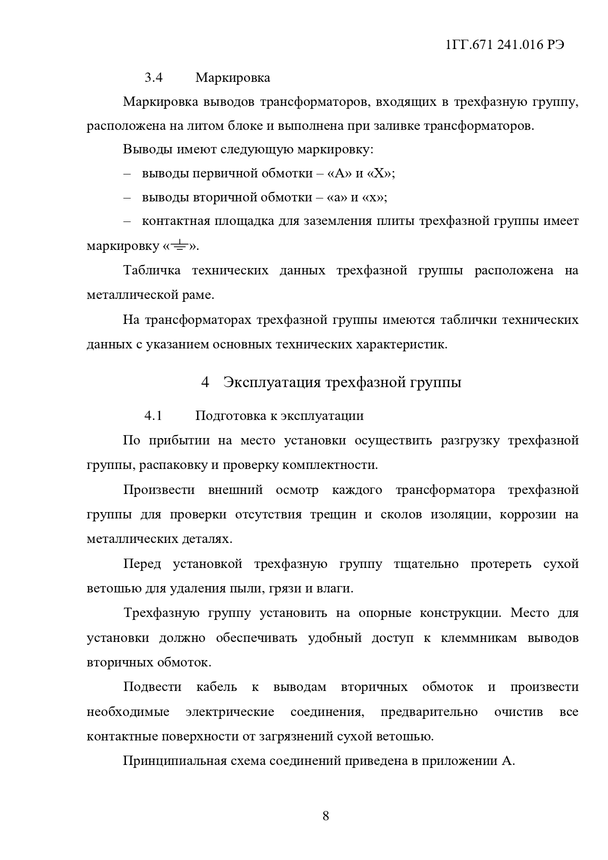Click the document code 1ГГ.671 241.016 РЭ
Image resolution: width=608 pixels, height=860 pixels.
(505, 45)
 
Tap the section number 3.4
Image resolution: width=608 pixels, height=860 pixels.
(153, 78)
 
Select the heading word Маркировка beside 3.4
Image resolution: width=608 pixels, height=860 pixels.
(233, 78)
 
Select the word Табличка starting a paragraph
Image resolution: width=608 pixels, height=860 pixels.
(152, 270)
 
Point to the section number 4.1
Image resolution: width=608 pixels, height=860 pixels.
(153, 416)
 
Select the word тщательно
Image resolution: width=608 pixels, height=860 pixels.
(426, 564)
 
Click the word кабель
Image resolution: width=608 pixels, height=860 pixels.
(217, 687)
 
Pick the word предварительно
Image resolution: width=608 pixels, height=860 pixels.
(429, 712)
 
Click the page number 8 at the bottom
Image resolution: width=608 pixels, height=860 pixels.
(326, 816)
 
